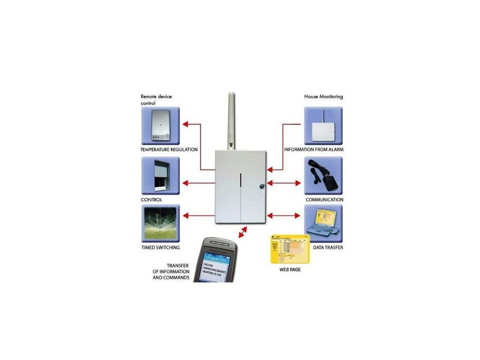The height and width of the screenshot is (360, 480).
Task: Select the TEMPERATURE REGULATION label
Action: pyautogui.click(x=169, y=150)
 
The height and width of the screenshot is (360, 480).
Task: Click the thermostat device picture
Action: pyautogui.click(x=160, y=126)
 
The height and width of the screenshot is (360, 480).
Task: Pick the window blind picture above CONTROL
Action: pyautogui.click(x=160, y=175)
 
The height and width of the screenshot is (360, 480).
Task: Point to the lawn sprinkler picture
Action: pyautogui.click(x=160, y=224)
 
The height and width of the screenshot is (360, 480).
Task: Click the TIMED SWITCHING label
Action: pyautogui.click(x=160, y=247)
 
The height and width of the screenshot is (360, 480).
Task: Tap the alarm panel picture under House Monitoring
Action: pyautogui.click(x=323, y=126)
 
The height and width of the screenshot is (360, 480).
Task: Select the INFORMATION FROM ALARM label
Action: pyautogui.click(x=314, y=150)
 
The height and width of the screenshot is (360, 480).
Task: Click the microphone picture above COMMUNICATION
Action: pyautogui.click(x=323, y=175)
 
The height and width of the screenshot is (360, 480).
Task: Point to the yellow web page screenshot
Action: pyautogui.click(x=287, y=249)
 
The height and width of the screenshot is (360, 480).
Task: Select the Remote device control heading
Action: pyautogui.click(x=156, y=99)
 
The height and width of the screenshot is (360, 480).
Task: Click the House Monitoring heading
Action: pyautogui.click(x=323, y=97)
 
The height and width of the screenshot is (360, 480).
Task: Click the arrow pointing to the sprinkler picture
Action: pyautogui.click(x=197, y=216)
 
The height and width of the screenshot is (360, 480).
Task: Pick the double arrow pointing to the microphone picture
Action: pyautogui.click(x=284, y=183)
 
